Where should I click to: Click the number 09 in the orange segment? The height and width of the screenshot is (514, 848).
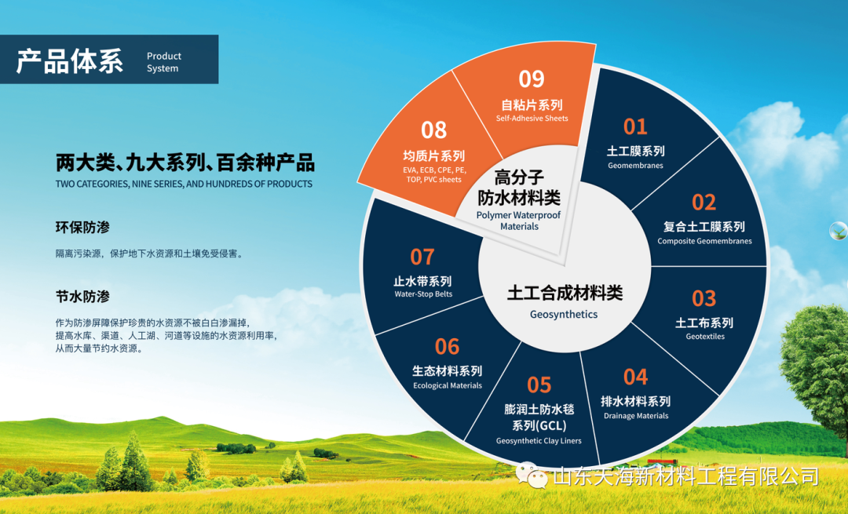(x=531, y=79)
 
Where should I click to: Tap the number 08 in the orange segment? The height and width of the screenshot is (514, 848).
(x=433, y=130)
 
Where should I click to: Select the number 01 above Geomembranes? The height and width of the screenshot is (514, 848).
(x=635, y=127)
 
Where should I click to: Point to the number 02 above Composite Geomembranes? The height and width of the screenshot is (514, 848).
(x=704, y=202)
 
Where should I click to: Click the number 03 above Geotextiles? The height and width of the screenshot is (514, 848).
(x=704, y=298)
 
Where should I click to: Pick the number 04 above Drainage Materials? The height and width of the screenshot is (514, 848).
(x=635, y=377)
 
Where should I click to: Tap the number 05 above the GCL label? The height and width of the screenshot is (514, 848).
(x=539, y=385)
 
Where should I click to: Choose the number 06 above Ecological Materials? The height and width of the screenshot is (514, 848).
(x=447, y=347)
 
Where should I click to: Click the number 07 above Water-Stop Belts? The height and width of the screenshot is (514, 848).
(x=422, y=257)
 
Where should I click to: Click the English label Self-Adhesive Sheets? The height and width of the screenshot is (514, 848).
(x=532, y=118)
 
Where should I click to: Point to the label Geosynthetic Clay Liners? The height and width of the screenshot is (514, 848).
(x=539, y=440)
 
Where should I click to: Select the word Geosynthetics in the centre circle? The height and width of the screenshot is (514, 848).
(x=564, y=314)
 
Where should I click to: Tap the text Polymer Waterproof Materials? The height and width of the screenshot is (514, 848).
(x=519, y=221)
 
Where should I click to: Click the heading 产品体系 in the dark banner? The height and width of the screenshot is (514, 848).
(x=70, y=60)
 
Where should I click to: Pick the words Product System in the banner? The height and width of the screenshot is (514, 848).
(x=164, y=62)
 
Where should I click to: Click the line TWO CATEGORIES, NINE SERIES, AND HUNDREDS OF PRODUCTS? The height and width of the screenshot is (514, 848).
(x=184, y=184)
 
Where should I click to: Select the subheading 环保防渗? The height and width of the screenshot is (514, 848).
(x=82, y=228)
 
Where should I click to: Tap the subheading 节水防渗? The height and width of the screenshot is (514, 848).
(x=82, y=297)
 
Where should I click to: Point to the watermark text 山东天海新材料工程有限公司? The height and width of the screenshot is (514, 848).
(x=685, y=476)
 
